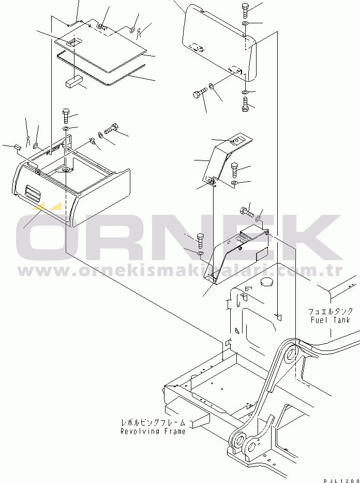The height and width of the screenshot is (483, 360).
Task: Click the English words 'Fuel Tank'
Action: (x=330, y=320)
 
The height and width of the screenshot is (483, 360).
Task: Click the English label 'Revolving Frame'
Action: (x=153, y=431)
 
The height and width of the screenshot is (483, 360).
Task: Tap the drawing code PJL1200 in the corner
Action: (x=341, y=480)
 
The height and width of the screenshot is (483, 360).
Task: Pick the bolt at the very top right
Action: (x=245, y=10)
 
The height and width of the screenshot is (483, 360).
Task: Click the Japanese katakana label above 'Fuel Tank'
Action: (x=331, y=312)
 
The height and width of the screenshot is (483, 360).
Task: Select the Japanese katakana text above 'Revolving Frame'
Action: (x=153, y=422)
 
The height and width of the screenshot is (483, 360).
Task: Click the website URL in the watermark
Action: (x=180, y=271)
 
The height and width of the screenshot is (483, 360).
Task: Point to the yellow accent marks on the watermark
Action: (x=46, y=206)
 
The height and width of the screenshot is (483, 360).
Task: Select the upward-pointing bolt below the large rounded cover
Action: (x=245, y=105)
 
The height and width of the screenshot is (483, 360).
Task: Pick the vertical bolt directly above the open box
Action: (x=66, y=115)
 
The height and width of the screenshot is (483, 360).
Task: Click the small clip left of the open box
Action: (x=17, y=147)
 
